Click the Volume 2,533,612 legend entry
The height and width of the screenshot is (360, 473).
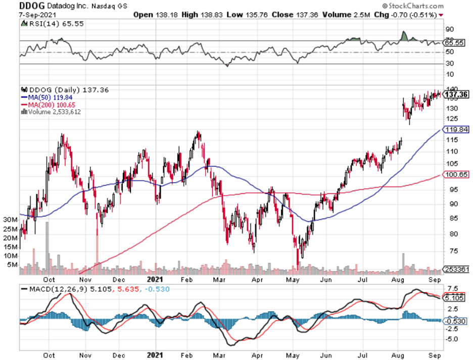(52, 112)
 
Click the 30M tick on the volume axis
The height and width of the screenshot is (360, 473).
(11, 220)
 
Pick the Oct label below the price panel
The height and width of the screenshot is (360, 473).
(50, 279)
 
